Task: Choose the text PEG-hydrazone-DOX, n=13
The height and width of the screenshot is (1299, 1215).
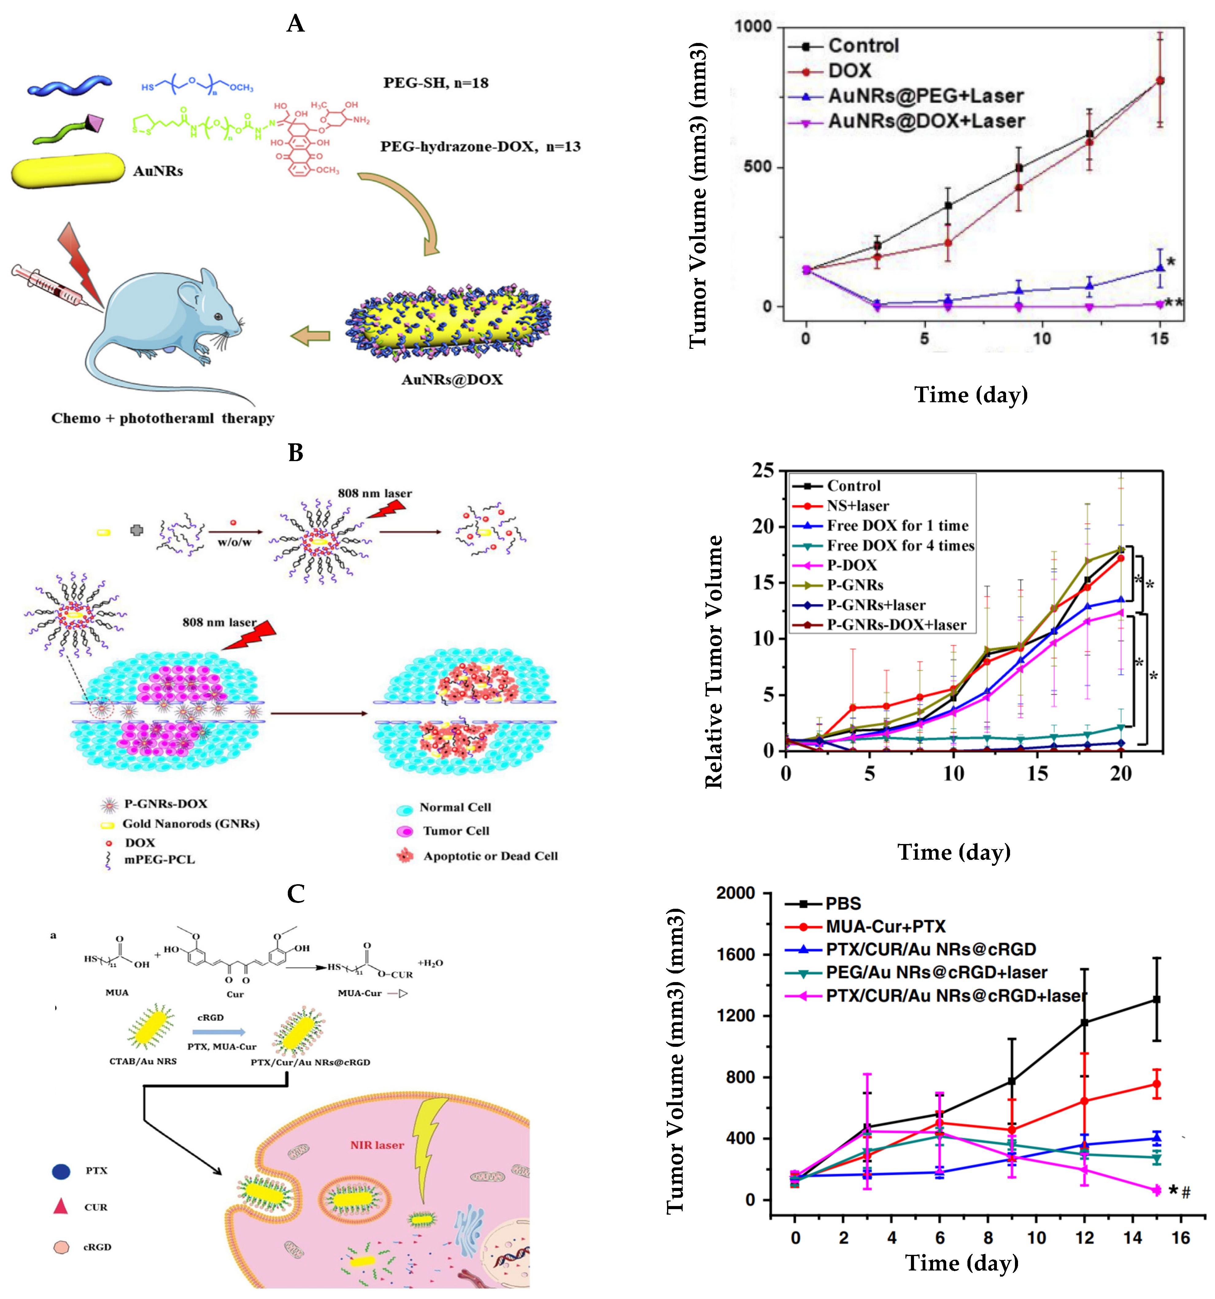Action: pyautogui.click(x=480, y=146)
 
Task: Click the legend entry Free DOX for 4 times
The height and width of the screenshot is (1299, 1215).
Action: pyautogui.click(x=900, y=545)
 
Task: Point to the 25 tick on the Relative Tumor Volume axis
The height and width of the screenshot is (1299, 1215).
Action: pyautogui.click(x=763, y=470)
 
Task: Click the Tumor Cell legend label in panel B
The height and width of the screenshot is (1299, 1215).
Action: pyautogui.click(x=456, y=831)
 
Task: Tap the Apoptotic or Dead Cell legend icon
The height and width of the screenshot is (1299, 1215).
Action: pyautogui.click(x=405, y=855)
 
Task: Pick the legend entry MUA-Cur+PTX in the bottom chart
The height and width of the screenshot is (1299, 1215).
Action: pyautogui.click(x=885, y=926)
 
